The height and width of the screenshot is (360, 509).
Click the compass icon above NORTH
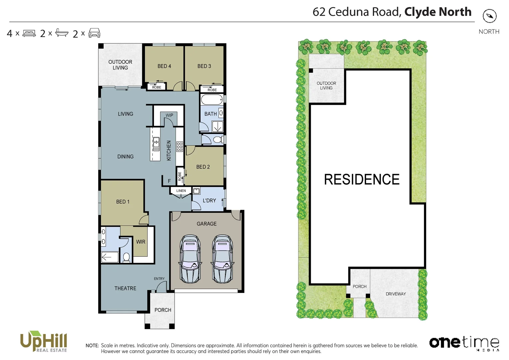click(489, 16)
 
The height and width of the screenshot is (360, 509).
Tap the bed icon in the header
click(29, 33)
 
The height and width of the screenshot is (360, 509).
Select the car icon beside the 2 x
click(95, 33)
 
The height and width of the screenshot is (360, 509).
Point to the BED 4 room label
click(164, 66)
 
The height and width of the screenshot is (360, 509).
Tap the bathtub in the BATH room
click(212, 99)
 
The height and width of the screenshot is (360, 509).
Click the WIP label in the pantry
click(169, 115)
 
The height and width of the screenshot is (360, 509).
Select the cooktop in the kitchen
click(180, 146)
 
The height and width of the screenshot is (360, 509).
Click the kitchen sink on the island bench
click(156, 144)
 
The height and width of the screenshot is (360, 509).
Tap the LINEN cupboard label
click(181, 191)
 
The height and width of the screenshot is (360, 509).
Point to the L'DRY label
click(209, 200)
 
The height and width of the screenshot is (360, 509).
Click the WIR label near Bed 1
click(141, 242)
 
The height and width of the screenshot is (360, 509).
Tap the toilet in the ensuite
click(126, 257)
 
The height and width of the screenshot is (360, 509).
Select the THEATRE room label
click(125, 288)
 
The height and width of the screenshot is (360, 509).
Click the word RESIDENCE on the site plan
click(361, 179)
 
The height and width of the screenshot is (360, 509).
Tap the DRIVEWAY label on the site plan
click(395, 294)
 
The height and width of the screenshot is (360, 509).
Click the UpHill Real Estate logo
click(44, 341)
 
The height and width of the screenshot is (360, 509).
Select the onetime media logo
click(464, 343)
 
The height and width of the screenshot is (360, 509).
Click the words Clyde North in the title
click(438, 12)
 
